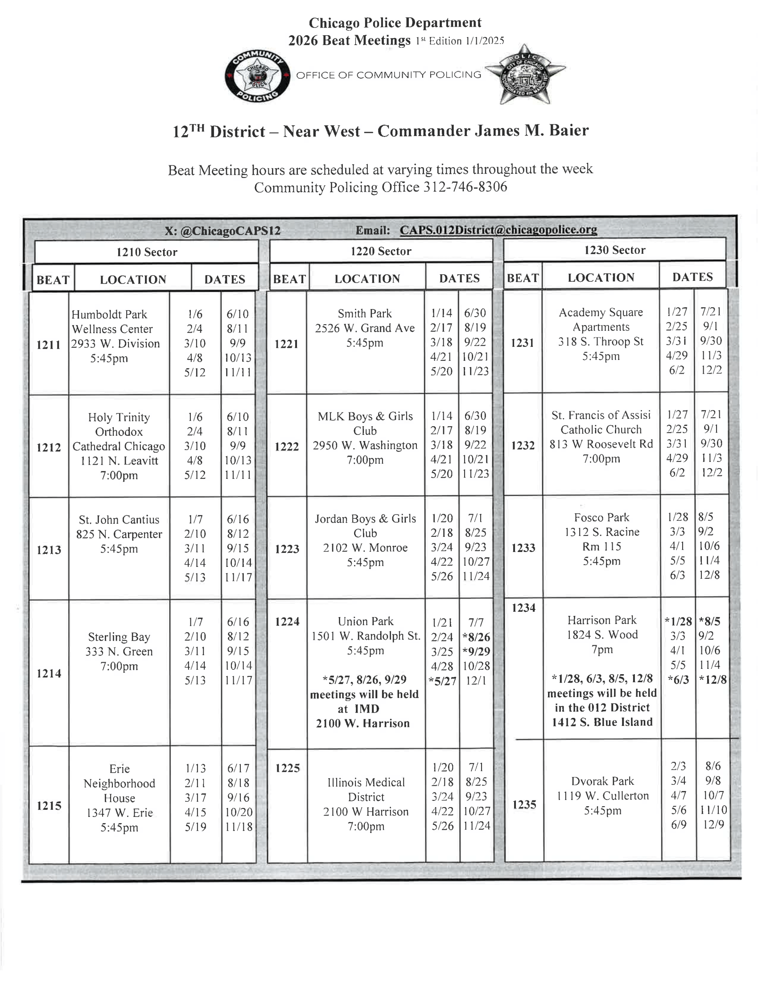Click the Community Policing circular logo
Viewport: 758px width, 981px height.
click(257, 76)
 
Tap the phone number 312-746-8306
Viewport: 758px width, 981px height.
click(465, 187)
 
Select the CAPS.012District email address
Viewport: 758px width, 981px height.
click(498, 230)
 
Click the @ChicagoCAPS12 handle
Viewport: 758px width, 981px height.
click(231, 231)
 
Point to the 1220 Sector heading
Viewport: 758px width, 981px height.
click(381, 251)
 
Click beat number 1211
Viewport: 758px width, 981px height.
click(49, 345)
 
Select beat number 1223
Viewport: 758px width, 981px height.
click(287, 549)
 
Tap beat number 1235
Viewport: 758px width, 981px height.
click(524, 804)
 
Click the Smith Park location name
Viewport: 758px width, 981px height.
click(365, 313)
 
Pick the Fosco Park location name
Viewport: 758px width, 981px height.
click(602, 517)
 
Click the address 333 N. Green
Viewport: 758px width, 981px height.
click(119, 651)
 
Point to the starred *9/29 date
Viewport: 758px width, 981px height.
click(476, 651)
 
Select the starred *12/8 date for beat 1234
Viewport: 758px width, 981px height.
click(713, 680)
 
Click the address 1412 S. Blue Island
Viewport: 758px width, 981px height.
click(602, 722)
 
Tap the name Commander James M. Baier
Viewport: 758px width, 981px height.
click(483, 131)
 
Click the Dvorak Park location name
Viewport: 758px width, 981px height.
click(603, 781)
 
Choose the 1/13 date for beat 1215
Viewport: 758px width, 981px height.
click(195, 769)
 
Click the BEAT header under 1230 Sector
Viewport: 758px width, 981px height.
click(523, 278)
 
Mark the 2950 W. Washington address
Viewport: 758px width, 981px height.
click(365, 445)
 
